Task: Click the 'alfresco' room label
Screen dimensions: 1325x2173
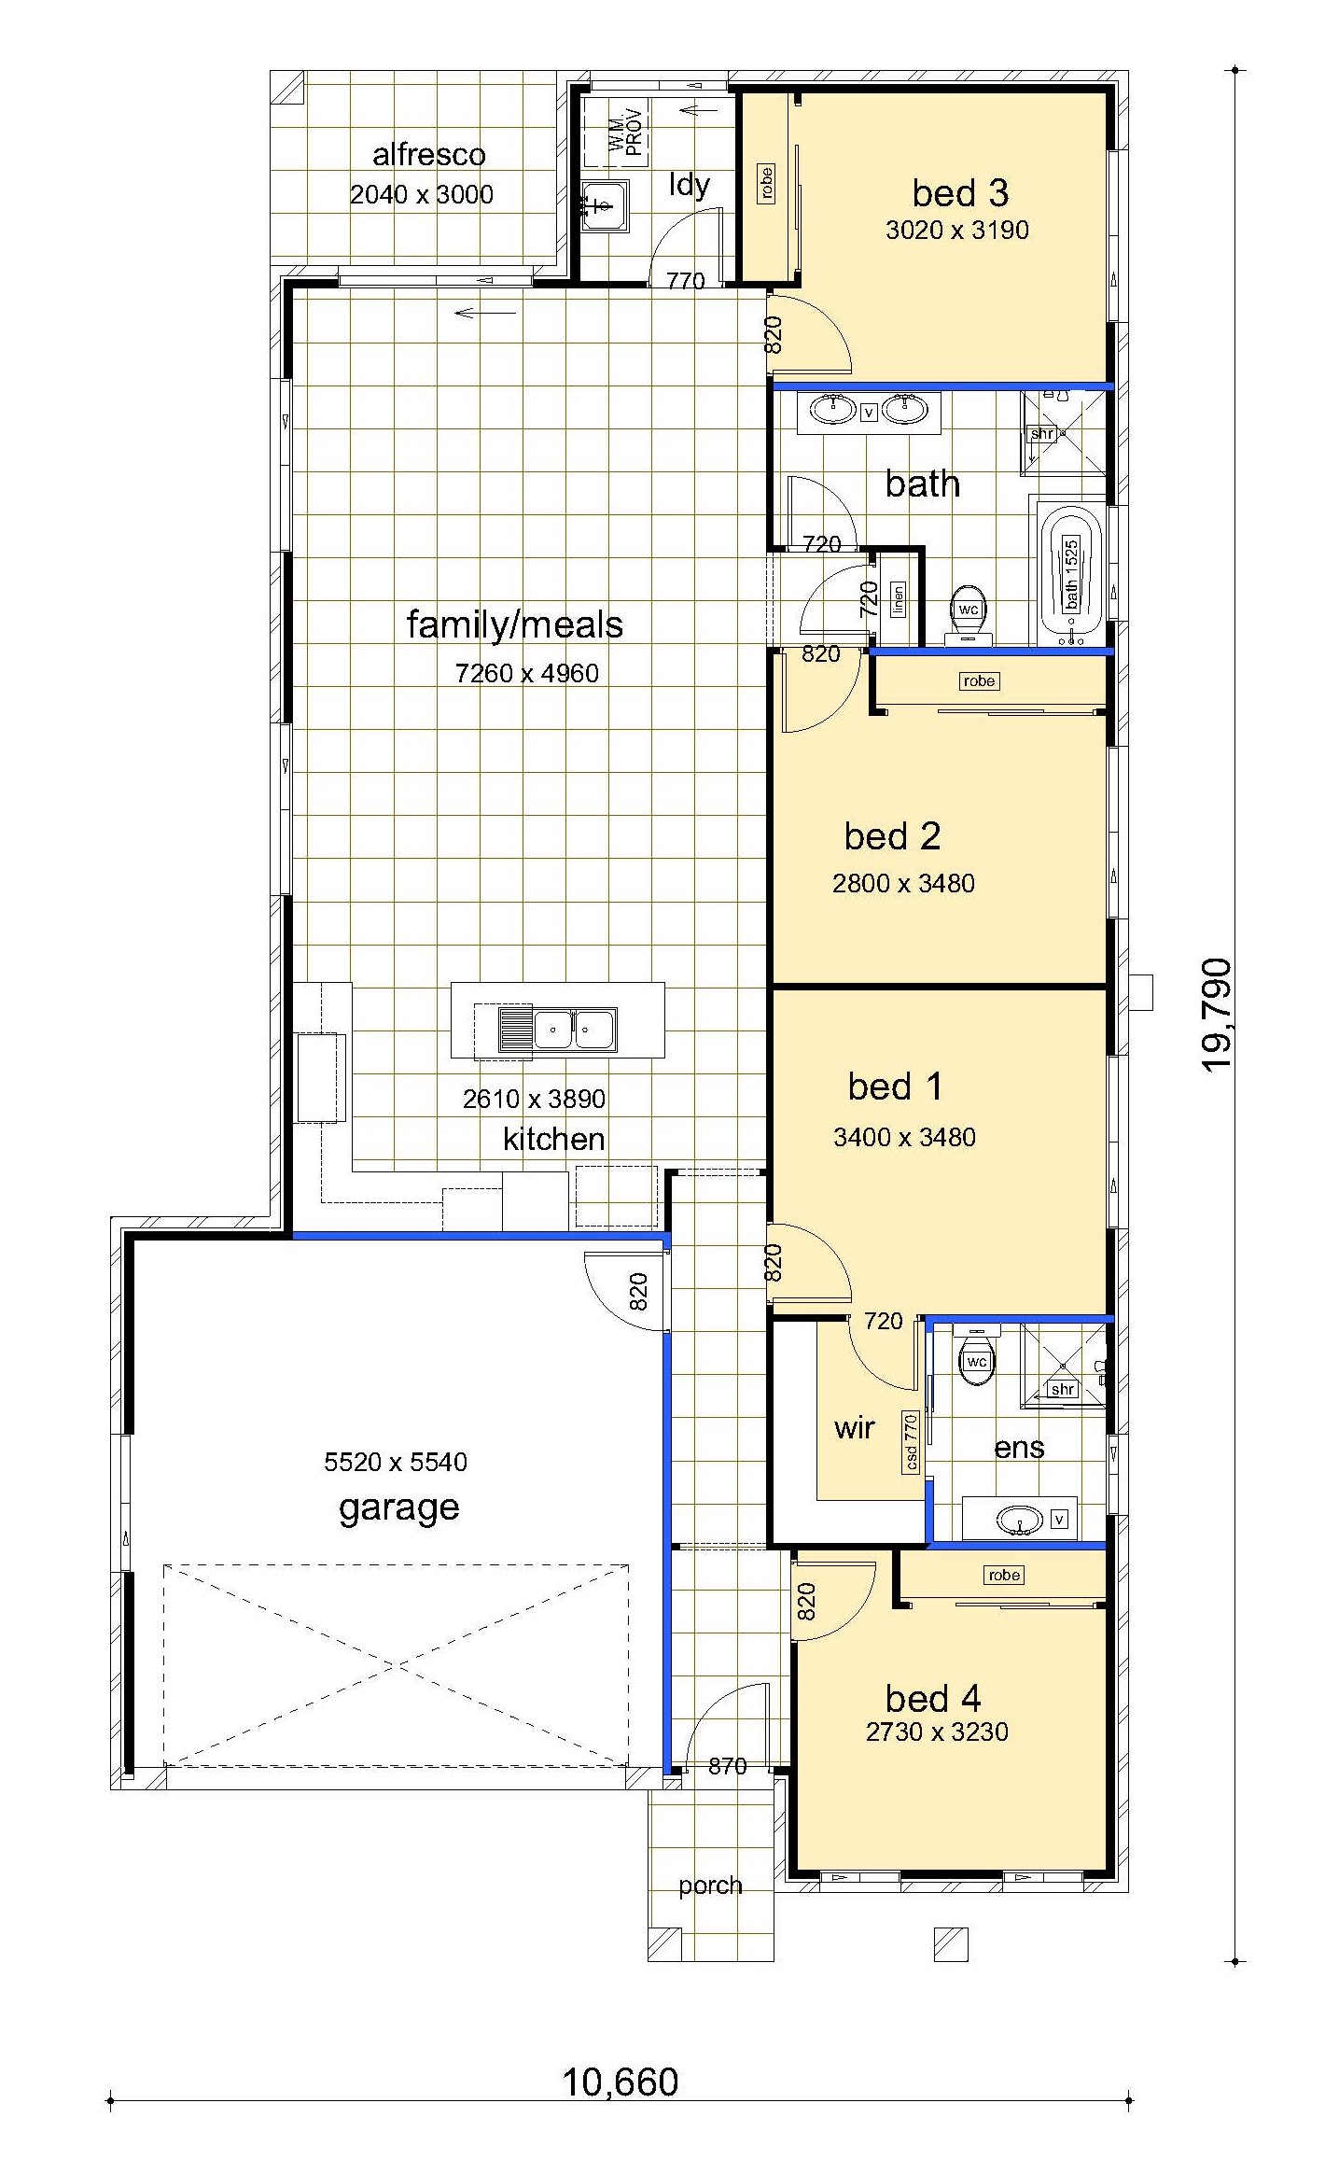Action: click(x=429, y=155)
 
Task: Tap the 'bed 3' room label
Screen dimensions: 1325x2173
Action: click(x=960, y=193)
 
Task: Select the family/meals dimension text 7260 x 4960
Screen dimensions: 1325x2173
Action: click(x=527, y=673)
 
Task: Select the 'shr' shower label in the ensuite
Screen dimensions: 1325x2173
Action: click(x=1063, y=1389)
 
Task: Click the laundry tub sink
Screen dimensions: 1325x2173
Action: click(x=604, y=205)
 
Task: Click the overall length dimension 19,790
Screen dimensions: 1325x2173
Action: click(x=1217, y=1016)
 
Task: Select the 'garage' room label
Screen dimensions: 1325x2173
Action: click(x=399, y=1507)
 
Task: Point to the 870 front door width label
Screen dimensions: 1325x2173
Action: click(x=728, y=1766)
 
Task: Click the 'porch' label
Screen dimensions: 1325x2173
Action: click(x=711, y=1886)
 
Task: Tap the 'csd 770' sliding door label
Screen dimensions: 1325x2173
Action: click(x=912, y=1441)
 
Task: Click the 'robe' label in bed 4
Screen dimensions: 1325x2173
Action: click(x=1004, y=1575)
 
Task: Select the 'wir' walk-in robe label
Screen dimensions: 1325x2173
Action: click(x=855, y=1427)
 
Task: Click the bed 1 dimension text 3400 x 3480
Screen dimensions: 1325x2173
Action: click(x=904, y=1137)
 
